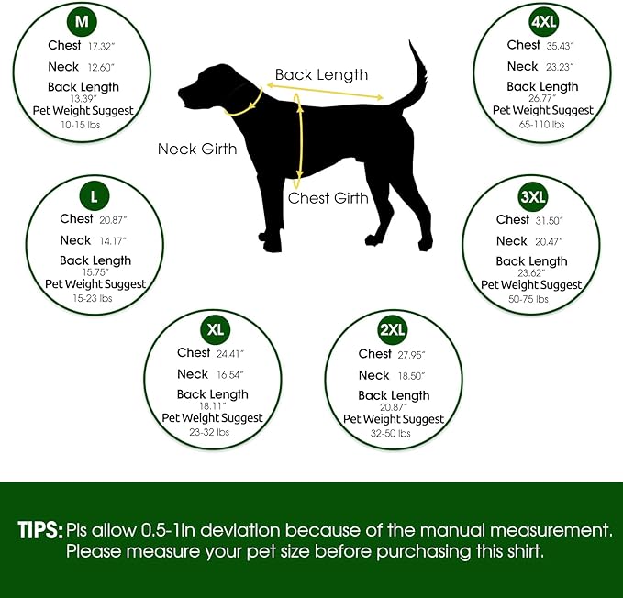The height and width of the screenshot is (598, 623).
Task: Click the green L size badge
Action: [x=94, y=194]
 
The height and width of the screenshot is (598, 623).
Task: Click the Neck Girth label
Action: [x=197, y=149]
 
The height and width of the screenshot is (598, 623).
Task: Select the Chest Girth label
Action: [x=328, y=198]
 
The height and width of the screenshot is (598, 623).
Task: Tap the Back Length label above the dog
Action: [x=321, y=75]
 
